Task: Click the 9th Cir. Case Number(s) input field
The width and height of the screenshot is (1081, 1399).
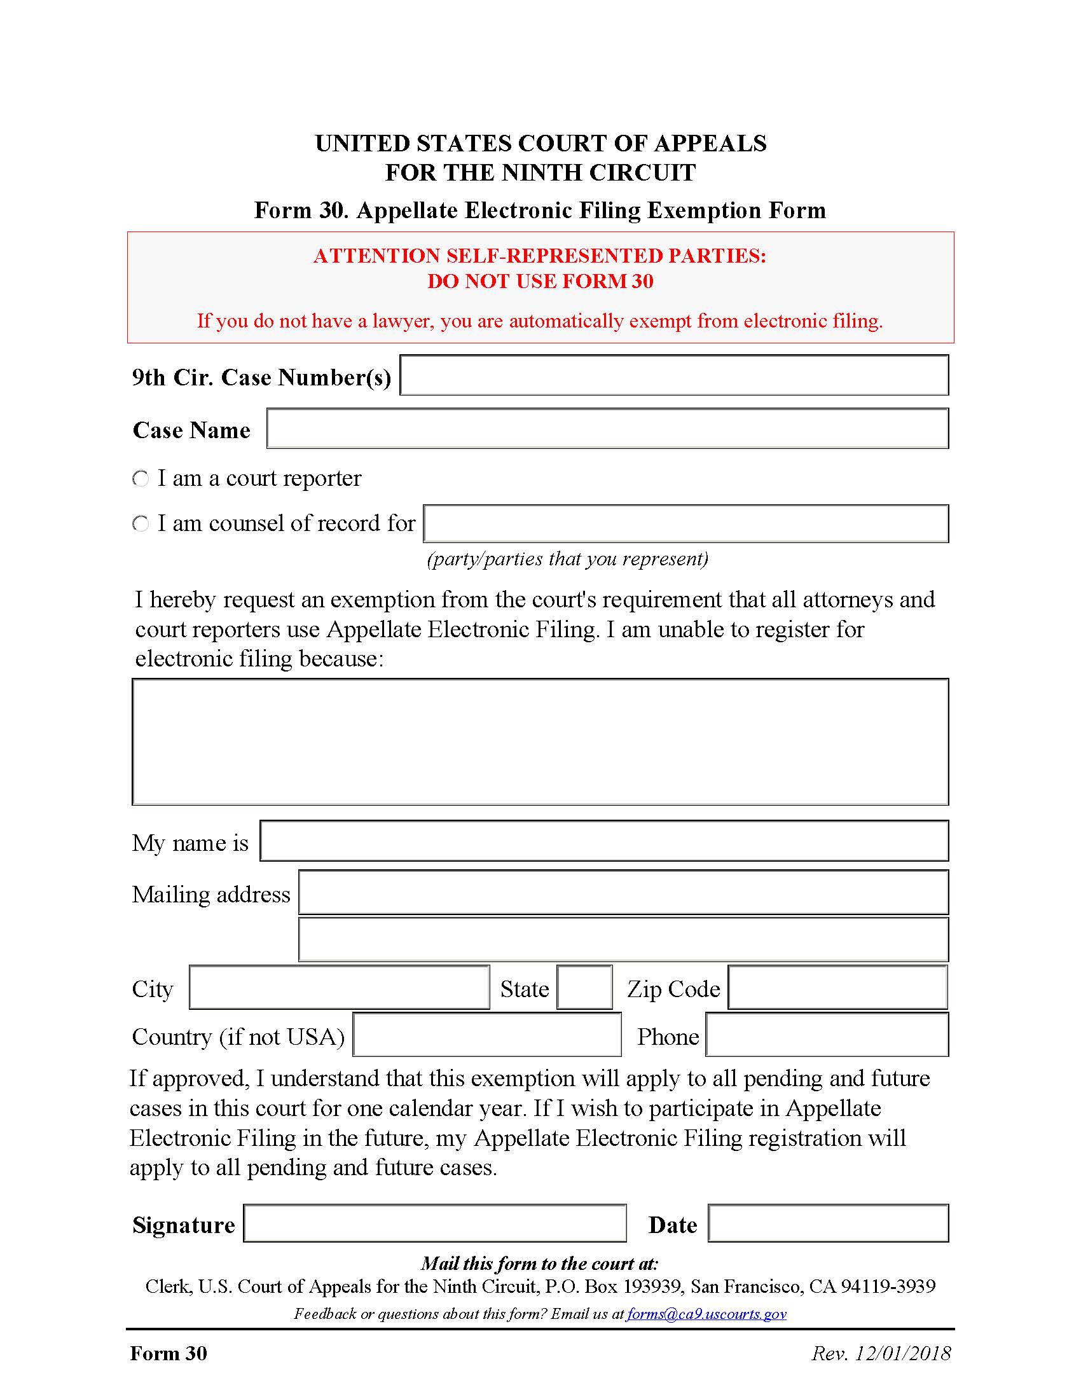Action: pyautogui.click(x=673, y=375)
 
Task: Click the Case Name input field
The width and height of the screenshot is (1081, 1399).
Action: pyautogui.click(x=607, y=429)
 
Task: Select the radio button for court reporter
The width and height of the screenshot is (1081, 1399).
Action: pyautogui.click(x=141, y=478)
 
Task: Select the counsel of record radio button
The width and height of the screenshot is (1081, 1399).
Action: pyautogui.click(x=141, y=523)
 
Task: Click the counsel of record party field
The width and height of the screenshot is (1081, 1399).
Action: pyautogui.click(x=685, y=523)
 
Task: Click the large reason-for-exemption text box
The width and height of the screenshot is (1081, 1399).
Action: pyautogui.click(x=540, y=741)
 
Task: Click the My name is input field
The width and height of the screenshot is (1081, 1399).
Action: pyautogui.click(x=603, y=841)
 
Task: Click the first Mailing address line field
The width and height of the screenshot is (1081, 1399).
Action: pyautogui.click(x=623, y=892)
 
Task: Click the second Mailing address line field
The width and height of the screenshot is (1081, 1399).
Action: pyautogui.click(x=623, y=939)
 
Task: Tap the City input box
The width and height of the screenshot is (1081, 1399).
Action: pyautogui.click(x=339, y=987)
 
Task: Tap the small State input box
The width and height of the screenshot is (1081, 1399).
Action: pyautogui.click(x=584, y=987)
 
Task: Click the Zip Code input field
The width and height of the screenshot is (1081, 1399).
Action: pyautogui.click(x=837, y=987)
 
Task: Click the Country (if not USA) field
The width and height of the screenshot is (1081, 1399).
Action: pyautogui.click(x=486, y=1035)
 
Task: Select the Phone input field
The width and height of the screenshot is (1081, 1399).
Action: pyautogui.click(x=826, y=1035)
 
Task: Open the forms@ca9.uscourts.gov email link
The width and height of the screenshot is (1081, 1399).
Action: pyautogui.click(x=706, y=1314)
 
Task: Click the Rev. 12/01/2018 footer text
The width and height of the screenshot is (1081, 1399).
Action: pyautogui.click(x=881, y=1353)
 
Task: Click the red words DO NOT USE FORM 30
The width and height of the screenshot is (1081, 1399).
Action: pyautogui.click(x=540, y=281)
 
